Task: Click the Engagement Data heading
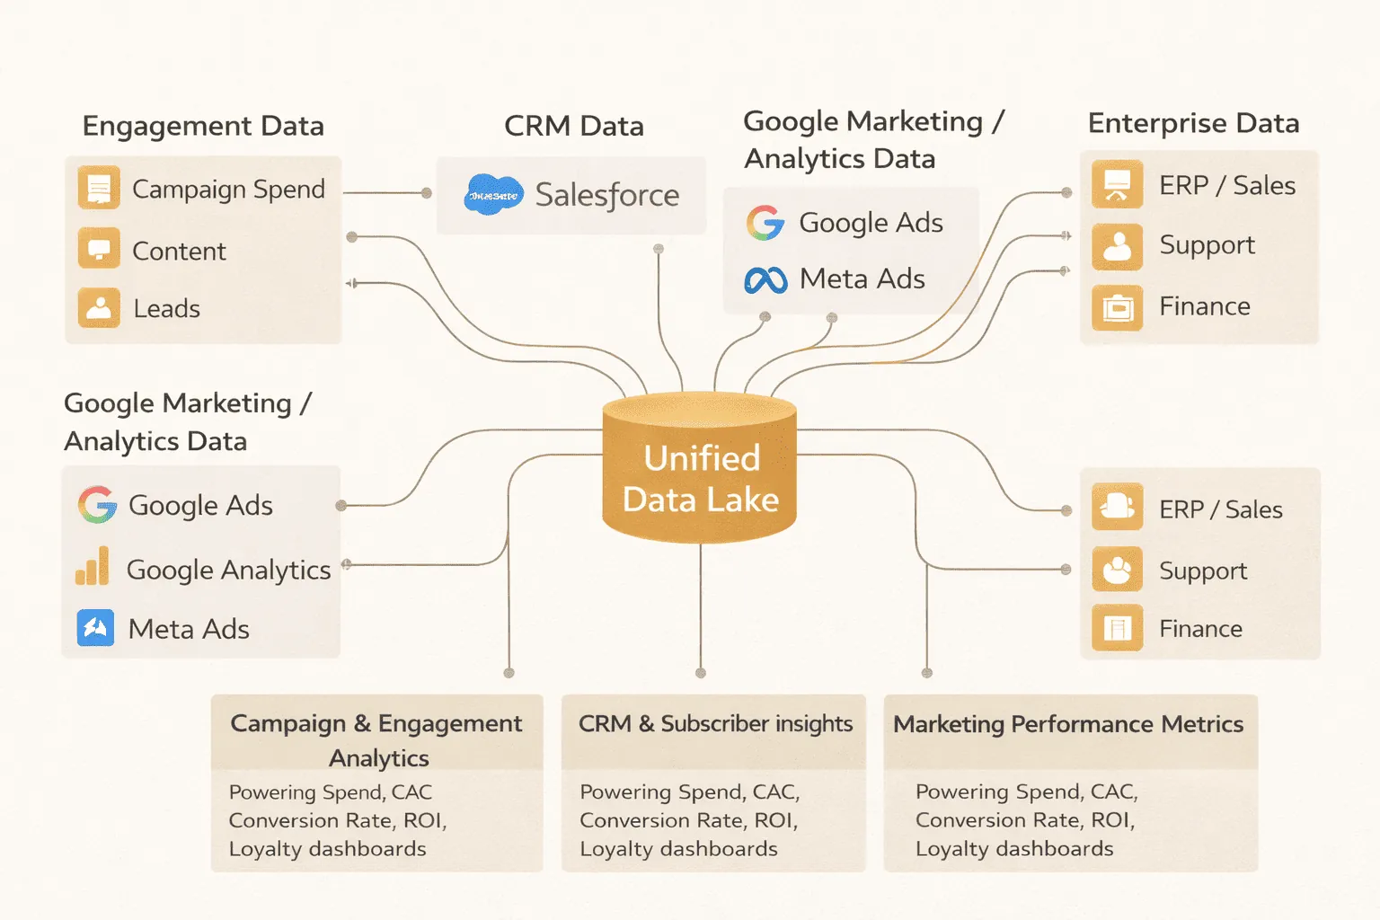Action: [203, 126]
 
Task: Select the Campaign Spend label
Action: [228, 190]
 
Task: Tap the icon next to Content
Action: [99, 249]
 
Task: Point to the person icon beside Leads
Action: [99, 307]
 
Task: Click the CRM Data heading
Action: [573, 126]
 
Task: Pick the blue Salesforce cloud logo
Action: [493, 194]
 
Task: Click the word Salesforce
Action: [607, 195]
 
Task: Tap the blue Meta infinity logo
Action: [765, 280]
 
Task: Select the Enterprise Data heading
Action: [1193, 123]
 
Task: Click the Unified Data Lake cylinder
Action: [700, 469]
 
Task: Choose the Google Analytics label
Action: [229, 570]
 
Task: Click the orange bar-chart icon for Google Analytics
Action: [93, 567]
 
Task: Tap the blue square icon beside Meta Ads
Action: [95, 628]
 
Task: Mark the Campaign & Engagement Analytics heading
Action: [376, 739]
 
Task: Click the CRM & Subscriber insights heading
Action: [715, 724]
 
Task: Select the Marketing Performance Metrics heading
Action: [1068, 724]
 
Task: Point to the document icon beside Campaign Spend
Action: [99, 188]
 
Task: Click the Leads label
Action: [166, 309]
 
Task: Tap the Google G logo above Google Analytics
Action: [97, 505]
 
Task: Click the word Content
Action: [179, 252]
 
